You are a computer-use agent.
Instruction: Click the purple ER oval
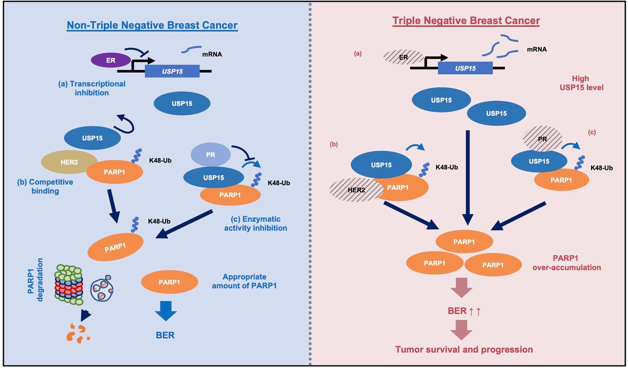[x=111, y=60]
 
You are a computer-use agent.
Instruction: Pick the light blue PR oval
[x=211, y=154]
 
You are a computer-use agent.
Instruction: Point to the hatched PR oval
[x=542, y=139]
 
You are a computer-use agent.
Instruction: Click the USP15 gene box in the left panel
[x=172, y=71]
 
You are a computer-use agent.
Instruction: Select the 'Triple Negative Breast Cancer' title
[x=466, y=21]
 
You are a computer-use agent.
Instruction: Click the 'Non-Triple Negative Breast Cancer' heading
[x=152, y=25]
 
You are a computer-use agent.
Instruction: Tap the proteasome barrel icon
[x=68, y=285]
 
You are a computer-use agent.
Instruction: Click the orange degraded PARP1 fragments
[x=78, y=334]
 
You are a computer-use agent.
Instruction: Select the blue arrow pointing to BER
[x=166, y=311]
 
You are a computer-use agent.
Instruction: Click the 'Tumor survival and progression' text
[x=464, y=349]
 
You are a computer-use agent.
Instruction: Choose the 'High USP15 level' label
[x=581, y=83]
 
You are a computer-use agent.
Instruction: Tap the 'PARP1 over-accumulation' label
[x=566, y=263]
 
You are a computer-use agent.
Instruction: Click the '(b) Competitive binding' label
[x=45, y=186]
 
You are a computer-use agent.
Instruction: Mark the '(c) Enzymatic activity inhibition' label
[x=255, y=223]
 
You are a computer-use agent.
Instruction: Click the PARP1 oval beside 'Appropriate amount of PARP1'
[x=169, y=282]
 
